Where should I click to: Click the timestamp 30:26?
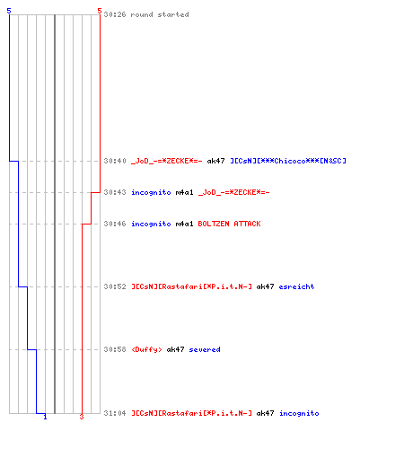115,14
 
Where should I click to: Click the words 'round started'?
160,14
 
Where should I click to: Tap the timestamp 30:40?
115,161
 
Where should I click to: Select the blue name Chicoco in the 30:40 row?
288,161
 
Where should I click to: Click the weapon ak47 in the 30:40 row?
215,161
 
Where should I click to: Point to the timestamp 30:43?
115,192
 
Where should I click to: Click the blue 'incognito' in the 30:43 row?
151,192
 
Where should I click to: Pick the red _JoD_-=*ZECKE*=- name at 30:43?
234,192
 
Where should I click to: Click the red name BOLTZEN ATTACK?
229,224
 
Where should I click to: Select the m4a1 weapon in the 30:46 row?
184,224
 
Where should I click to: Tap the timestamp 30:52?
115,286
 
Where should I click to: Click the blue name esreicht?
296,286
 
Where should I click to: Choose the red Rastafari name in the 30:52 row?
192,286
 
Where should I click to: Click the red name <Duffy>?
146,349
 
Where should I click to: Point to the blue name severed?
205,349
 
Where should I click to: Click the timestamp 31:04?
115,413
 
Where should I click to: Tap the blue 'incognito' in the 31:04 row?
299,413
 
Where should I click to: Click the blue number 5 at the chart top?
9,11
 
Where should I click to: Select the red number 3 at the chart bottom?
82,417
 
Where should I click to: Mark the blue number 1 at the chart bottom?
45,417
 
